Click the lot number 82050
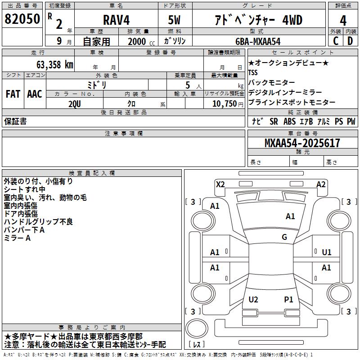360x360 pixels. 22,20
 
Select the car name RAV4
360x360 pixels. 116,20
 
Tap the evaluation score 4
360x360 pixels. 343,20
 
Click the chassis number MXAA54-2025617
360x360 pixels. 302,143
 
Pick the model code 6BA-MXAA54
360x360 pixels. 258,41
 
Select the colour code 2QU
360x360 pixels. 75,103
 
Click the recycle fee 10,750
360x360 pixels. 223,103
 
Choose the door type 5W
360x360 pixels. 175,20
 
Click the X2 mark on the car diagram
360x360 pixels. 220,184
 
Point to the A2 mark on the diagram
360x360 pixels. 321,184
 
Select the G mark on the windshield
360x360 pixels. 284,237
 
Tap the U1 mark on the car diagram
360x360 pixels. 327,252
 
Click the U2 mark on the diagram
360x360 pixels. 253,299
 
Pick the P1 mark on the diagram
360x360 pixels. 288,299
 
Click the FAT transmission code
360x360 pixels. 13,94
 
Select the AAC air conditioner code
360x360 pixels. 35,94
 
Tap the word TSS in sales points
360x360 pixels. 253,72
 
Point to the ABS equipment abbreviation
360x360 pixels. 290,121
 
